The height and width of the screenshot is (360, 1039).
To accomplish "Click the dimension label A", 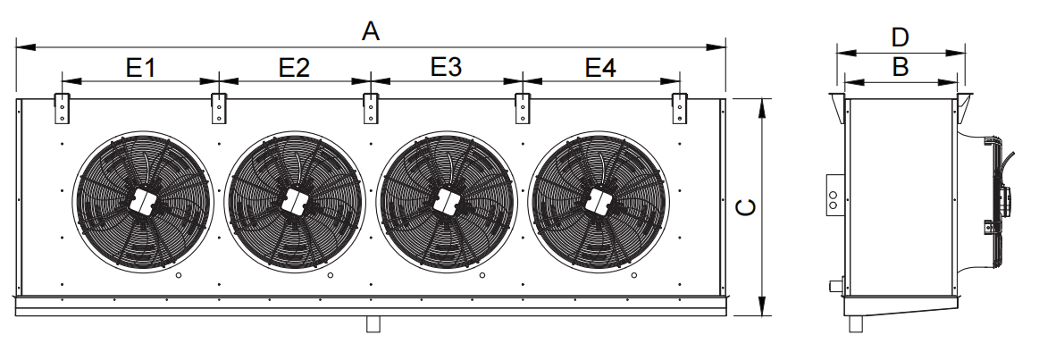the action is click(371, 30).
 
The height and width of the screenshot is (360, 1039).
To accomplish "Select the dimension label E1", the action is click(140, 67).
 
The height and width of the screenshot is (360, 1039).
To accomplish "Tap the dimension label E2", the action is click(294, 67).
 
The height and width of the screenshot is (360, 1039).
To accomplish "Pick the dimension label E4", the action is click(600, 67).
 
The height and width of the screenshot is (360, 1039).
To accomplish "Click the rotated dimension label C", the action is click(746, 207).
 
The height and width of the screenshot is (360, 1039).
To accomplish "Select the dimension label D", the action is click(899, 38).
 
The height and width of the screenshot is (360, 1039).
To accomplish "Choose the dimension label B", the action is click(900, 67).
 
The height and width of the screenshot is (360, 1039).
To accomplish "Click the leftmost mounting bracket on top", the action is click(62, 109).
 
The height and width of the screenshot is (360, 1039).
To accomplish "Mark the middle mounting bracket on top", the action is click(371, 109).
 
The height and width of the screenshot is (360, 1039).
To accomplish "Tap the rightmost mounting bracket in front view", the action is click(680, 109).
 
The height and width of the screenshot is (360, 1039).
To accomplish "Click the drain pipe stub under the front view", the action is click(373, 323).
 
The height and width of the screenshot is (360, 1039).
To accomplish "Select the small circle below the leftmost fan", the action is click(178, 275).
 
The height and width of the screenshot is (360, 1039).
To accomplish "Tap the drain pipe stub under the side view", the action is click(856, 323).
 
